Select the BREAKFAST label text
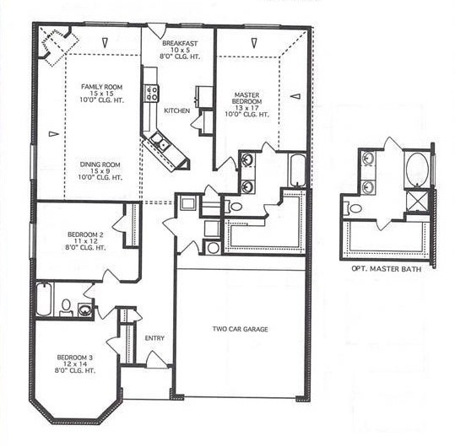[x=179, y=42]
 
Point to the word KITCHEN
[x=176, y=111]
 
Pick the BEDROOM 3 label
[x=76, y=357]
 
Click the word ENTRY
[x=154, y=338]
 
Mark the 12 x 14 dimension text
[x=76, y=364]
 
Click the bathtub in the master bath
[x=297, y=170]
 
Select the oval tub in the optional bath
[x=416, y=169]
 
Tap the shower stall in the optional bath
[x=417, y=202]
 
